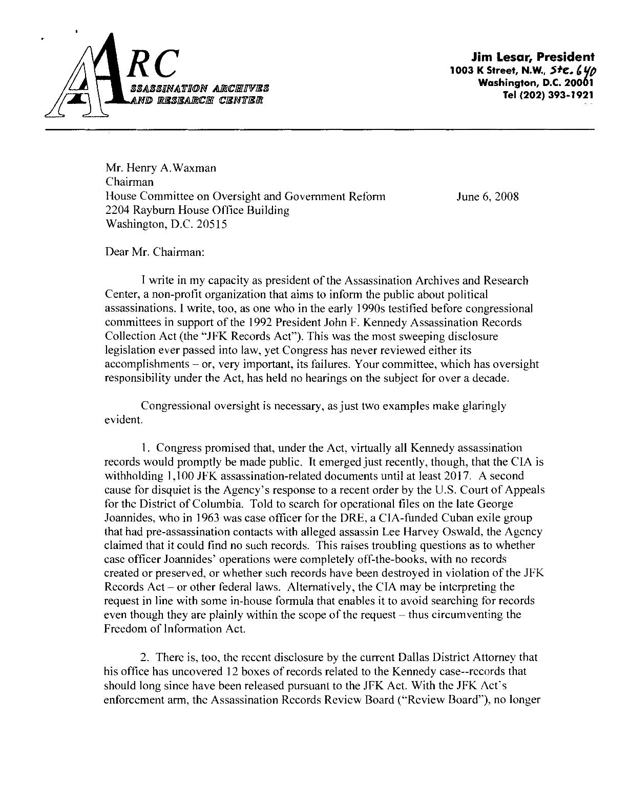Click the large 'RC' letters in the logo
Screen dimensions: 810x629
tap(152, 66)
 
